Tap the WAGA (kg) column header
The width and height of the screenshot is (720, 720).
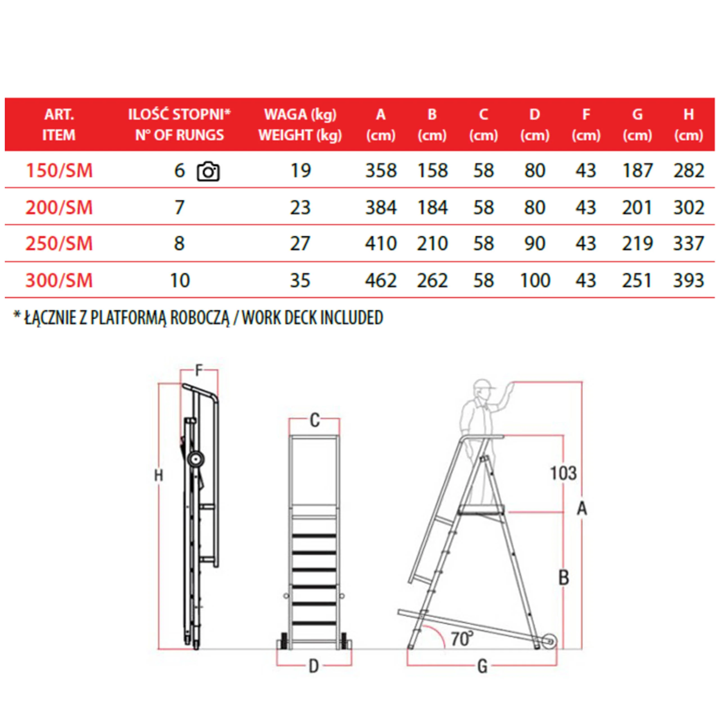point(300,114)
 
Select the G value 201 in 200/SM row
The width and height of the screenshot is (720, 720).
point(637,207)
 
